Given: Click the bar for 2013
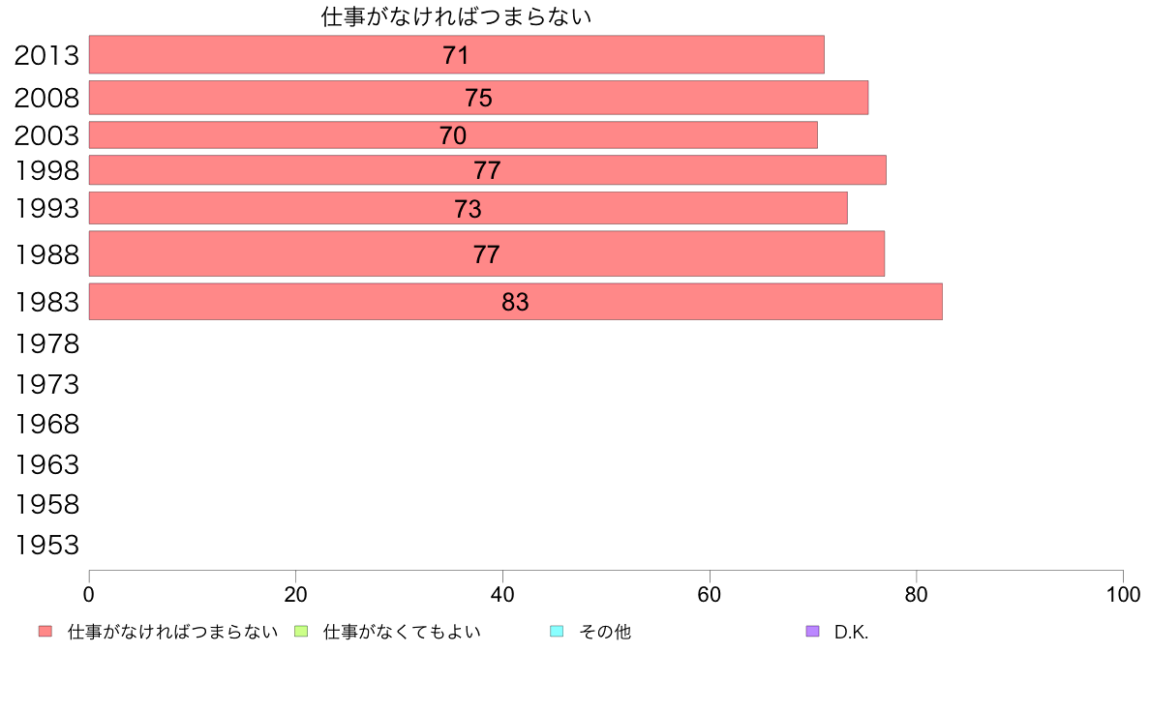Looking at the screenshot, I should coord(290,54).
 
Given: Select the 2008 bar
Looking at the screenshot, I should coord(290,98).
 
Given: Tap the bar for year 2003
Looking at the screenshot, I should coord(290,134).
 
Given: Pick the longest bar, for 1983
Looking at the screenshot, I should coord(290,301).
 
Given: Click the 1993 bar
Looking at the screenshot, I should coord(290,208).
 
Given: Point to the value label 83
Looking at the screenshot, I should coord(515,302).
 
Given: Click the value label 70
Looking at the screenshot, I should coord(452,135).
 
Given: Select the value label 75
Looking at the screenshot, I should coord(478,98).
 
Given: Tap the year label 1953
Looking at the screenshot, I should coord(46,546).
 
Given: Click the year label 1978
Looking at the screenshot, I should coord(46,343).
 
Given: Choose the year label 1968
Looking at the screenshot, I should coord(46,425).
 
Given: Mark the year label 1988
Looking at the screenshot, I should coord(46,255).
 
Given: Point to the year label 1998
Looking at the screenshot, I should coord(46,171).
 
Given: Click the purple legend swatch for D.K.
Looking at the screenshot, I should coord(812,632).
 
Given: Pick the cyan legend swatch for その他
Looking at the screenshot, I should coord(557,632).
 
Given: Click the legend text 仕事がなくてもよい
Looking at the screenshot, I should coord(402,632).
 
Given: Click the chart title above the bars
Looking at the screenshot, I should coord(456,16).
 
